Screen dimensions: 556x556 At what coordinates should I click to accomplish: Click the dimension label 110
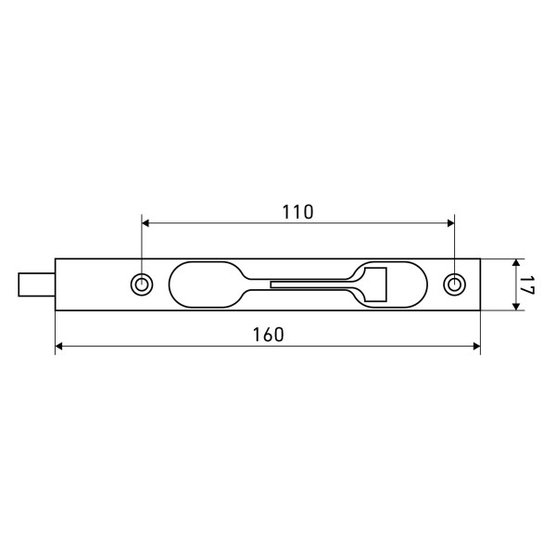click(x=297, y=212)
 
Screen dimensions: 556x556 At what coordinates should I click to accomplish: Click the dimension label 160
click(x=269, y=335)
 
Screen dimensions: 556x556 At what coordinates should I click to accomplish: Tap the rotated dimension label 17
click(x=526, y=284)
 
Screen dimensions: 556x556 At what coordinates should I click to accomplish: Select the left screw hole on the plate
click(x=142, y=284)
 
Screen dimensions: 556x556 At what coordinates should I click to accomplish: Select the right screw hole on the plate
click(x=455, y=284)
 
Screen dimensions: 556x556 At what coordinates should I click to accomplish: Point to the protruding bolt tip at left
click(x=36, y=284)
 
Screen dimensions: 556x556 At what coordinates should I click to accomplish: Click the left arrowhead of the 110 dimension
click(x=145, y=223)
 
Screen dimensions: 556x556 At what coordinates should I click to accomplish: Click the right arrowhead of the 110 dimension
click(x=451, y=223)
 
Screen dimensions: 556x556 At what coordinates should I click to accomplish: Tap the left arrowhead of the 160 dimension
click(x=59, y=347)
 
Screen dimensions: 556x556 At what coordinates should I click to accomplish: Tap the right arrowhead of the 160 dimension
click(x=477, y=347)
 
